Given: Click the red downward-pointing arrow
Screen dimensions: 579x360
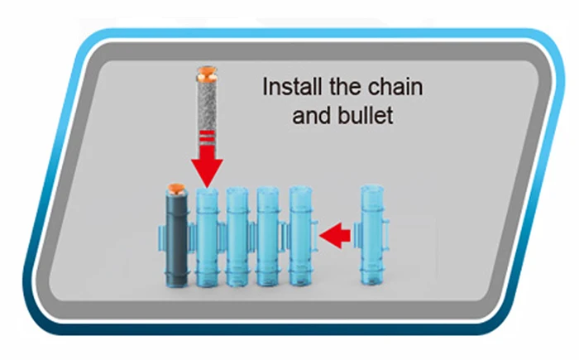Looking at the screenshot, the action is click(x=207, y=166).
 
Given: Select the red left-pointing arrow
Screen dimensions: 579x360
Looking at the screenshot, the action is click(x=334, y=238).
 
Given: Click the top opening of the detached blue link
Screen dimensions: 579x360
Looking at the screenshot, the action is click(x=375, y=192).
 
